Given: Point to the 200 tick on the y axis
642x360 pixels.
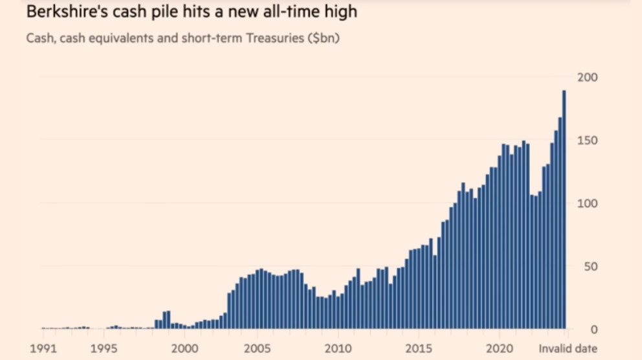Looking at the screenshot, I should pyautogui.click(x=586, y=77).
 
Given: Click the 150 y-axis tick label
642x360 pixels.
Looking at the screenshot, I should pyautogui.click(x=586, y=141).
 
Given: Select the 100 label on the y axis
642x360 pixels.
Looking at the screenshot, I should pyautogui.click(x=586, y=203).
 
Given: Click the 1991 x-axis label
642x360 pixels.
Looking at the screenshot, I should pyautogui.click(x=44, y=348).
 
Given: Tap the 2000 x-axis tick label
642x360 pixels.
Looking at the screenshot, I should pyautogui.click(x=184, y=348).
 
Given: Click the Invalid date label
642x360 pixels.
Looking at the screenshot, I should pyautogui.click(x=568, y=348).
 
